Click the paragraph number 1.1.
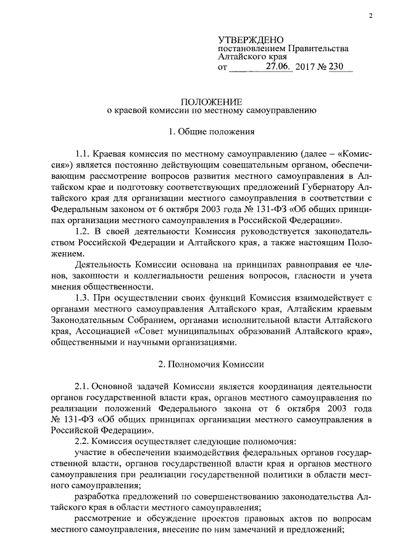pos(82,153)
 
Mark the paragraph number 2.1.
pos(82,386)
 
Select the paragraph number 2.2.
pos(82,441)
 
